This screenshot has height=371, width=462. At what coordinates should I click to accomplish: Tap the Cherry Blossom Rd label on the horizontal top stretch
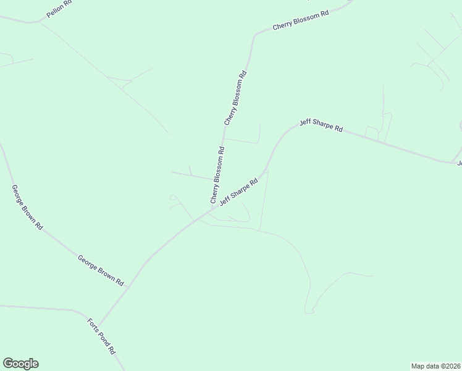coord(300,21)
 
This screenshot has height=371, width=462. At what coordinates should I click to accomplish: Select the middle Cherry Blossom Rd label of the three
coord(236,98)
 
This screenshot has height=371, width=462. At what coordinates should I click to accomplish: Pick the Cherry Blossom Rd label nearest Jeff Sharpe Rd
coord(217,176)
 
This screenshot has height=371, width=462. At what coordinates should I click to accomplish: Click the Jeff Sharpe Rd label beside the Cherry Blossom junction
coord(238,192)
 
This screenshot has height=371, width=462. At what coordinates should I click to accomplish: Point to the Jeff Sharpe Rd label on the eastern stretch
coord(321,126)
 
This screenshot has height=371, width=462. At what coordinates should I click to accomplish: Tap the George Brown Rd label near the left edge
coord(27,207)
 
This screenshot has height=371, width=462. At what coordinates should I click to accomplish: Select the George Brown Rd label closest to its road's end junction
coord(101,270)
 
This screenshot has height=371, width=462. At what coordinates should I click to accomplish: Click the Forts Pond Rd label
coord(101,336)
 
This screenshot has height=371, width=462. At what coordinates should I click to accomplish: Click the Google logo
coord(21,364)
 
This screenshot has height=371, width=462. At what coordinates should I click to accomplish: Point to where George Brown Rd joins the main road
coord(127,286)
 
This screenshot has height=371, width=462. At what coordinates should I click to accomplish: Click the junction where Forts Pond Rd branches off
coord(99,325)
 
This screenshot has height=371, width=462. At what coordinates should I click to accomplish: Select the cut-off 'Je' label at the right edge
coord(459,163)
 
